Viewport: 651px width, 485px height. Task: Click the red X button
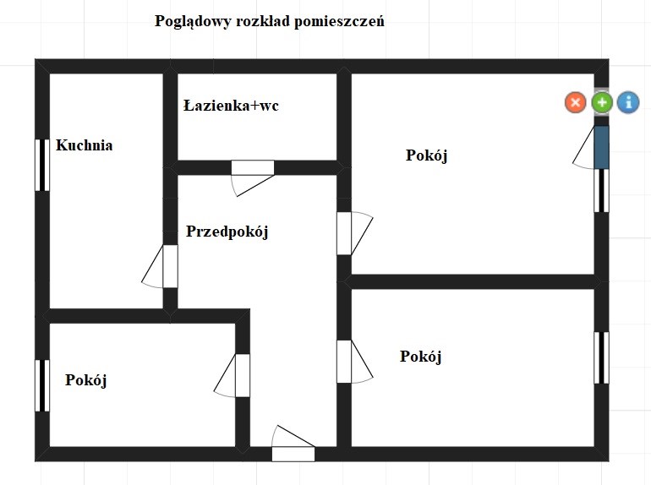click(576, 102)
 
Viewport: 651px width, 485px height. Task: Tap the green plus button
click(602, 102)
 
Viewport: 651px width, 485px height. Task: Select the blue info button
click(628, 102)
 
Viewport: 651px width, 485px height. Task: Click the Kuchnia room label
click(85, 145)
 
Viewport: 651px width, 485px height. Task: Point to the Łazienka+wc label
click(231, 106)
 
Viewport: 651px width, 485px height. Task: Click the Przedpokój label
click(227, 232)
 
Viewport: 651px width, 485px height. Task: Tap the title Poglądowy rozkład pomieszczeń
click(270, 21)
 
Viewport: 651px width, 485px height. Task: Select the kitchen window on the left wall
click(42, 165)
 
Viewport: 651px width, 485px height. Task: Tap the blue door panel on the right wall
click(602, 147)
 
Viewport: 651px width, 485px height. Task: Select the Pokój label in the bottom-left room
click(86, 380)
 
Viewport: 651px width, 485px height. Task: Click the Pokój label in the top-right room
click(426, 155)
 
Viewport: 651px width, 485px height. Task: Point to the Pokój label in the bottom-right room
click(420, 357)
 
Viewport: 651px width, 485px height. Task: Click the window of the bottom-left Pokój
click(42, 385)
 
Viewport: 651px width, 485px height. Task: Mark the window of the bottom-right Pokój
click(602, 357)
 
